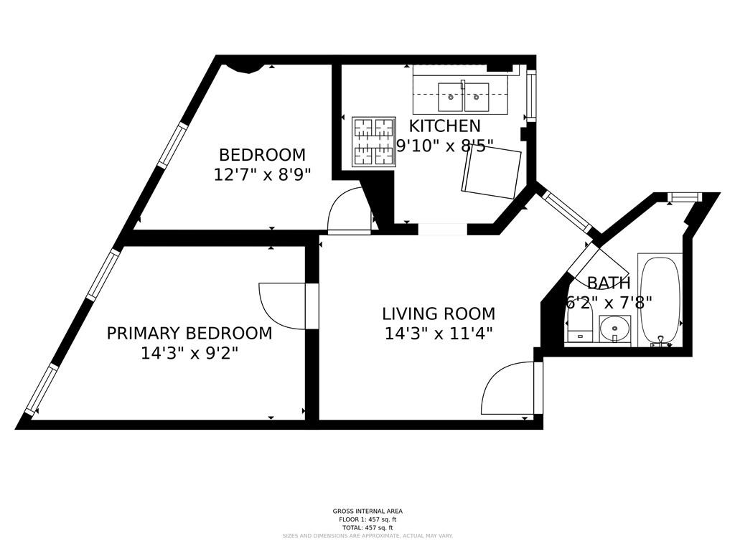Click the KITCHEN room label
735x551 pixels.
[x=445, y=126]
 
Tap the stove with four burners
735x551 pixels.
[x=373, y=141]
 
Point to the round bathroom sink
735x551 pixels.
[x=615, y=331]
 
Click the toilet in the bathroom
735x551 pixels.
[x=579, y=326]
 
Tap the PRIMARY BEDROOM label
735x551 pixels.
[x=189, y=334]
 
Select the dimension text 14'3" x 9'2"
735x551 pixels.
[x=189, y=353]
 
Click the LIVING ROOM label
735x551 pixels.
[x=439, y=314]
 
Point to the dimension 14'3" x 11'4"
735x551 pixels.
[x=439, y=334]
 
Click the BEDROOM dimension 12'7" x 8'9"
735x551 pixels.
[x=262, y=174]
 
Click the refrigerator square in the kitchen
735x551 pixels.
[x=492, y=173]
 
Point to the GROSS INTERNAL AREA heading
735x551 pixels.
[x=367, y=512]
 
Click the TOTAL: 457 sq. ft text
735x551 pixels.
[x=367, y=528]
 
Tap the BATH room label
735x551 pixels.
[x=609, y=283]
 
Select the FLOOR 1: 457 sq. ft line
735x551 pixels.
[x=367, y=519]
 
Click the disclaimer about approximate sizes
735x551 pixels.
[x=367, y=536]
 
